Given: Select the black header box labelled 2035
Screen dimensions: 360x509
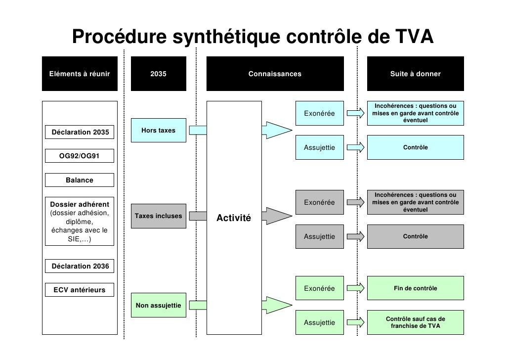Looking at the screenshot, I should tap(159, 74).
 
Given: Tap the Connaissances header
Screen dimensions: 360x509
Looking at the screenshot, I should tap(275, 74).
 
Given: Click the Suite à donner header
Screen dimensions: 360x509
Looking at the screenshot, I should tap(415, 74).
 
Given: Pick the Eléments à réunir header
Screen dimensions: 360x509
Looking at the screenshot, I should tap(79, 74).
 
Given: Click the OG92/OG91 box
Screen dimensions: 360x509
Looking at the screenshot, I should tap(80, 156).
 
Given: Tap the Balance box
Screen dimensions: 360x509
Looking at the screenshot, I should tap(80, 180).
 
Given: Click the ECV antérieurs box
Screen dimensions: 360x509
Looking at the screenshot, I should tap(80, 290).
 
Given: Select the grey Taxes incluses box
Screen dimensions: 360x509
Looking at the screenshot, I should tap(158, 216).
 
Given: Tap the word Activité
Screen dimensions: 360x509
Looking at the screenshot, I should tap(234, 218).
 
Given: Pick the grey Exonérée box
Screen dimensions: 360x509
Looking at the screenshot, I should tap(319, 202).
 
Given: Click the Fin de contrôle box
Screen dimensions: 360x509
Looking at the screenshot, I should tap(415, 288).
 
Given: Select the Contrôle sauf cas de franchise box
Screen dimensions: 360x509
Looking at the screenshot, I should tap(415, 323).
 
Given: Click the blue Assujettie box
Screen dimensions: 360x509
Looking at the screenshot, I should tap(319, 147).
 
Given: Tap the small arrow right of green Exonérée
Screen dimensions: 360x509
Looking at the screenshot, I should tap(356, 288).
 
